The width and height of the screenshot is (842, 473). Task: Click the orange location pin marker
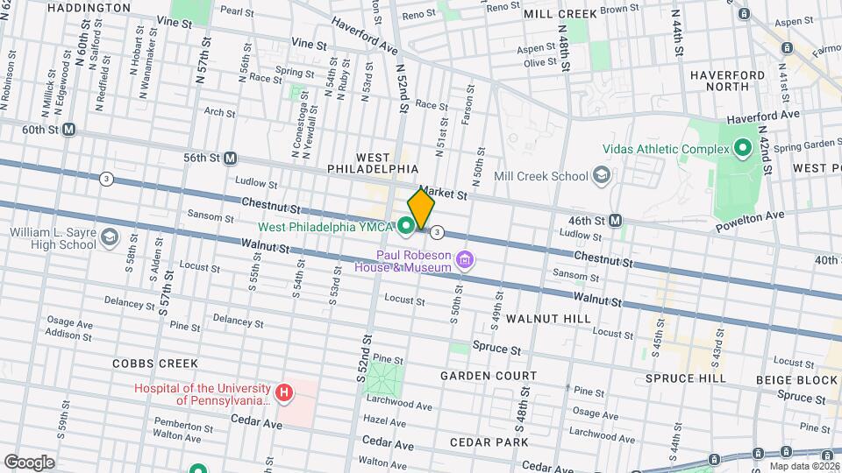coord(421,209)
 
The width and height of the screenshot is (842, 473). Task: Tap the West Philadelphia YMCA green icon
coord(406,227)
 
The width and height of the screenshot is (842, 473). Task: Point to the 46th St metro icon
coord(617,220)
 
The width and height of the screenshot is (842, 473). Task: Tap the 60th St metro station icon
coord(69,129)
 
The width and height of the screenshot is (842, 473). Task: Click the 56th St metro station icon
coord(230,158)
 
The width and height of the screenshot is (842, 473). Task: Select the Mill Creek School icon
coord(602,176)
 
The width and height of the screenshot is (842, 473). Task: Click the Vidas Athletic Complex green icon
coord(742,148)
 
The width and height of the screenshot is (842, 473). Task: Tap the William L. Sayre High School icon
coord(109,237)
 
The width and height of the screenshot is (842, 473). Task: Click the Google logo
coord(29,462)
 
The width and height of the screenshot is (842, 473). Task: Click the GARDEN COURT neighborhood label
coord(488,376)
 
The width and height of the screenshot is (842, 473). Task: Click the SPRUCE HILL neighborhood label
coord(685,378)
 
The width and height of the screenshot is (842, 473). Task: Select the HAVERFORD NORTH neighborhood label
coord(731,81)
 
